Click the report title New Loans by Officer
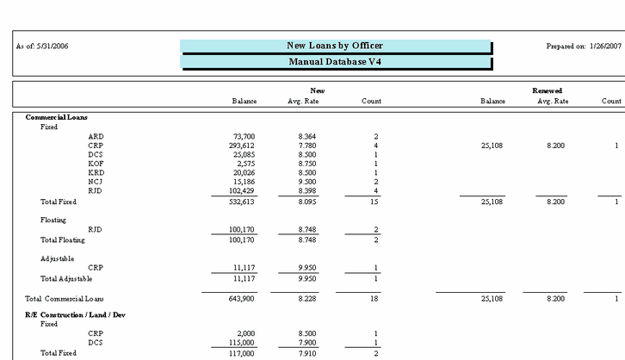click(x=335, y=46)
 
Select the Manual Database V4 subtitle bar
click(x=335, y=62)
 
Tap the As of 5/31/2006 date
click(x=42, y=46)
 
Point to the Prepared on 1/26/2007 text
click(x=583, y=46)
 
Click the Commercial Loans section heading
click(x=57, y=117)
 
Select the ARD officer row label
click(x=96, y=136)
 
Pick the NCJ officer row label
click(x=96, y=181)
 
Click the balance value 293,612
click(x=241, y=146)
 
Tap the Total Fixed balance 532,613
click(x=241, y=202)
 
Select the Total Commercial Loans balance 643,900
click(x=241, y=298)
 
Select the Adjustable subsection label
click(x=58, y=258)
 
